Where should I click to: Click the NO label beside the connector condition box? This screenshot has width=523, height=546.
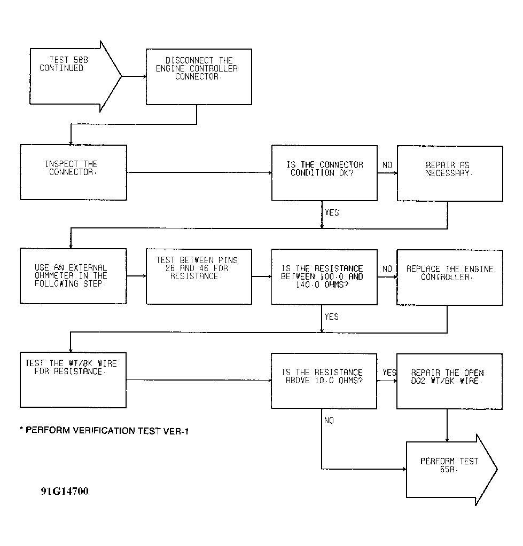[x=387, y=165]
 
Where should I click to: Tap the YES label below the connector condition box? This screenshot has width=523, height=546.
[x=332, y=212]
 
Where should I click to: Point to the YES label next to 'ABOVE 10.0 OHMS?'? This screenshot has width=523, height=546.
[x=389, y=373]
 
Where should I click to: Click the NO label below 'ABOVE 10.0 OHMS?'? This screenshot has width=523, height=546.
[x=329, y=421]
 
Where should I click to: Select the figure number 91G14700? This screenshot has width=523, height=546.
[x=65, y=491]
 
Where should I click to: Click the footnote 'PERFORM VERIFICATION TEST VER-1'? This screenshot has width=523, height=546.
[x=104, y=431]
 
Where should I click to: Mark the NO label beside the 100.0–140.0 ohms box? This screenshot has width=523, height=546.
[x=387, y=269]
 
